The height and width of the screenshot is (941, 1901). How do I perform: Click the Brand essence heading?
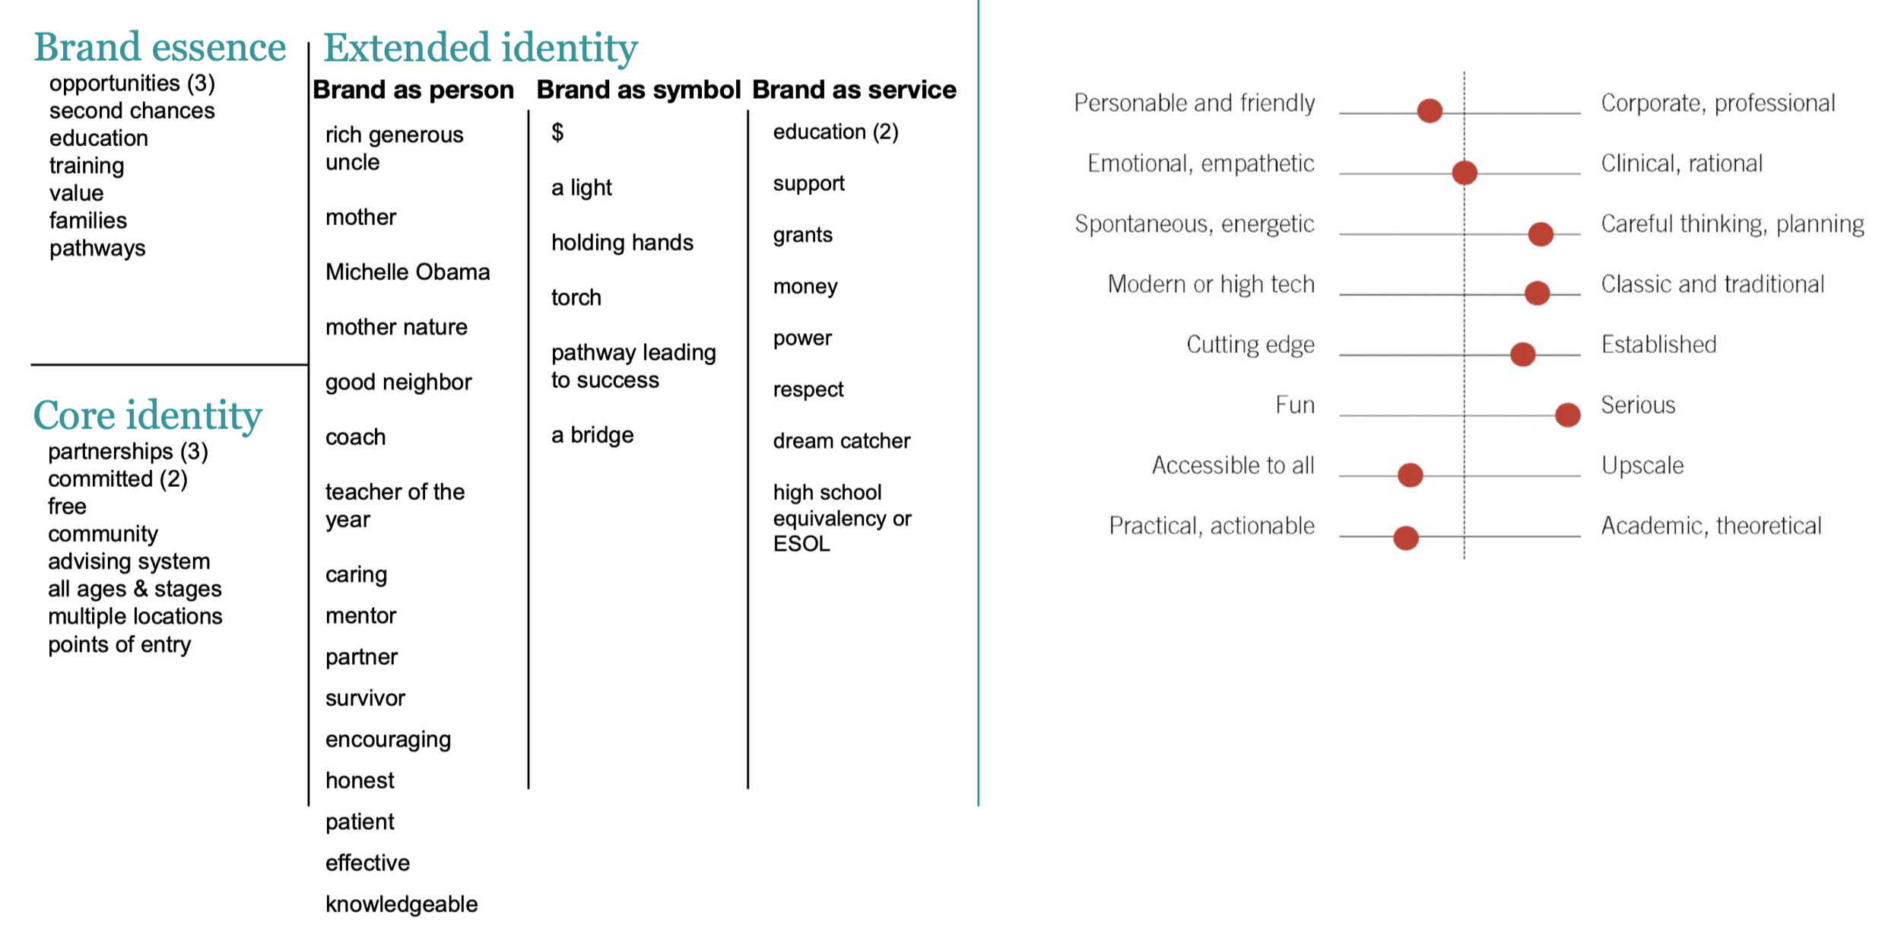tap(160, 47)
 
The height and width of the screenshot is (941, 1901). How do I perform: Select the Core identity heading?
tap(148, 415)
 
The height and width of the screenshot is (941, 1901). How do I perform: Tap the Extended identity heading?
tap(481, 47)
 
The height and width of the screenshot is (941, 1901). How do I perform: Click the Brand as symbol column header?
tap(638, 90)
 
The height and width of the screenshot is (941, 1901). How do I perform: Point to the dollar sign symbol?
tap(557, 132)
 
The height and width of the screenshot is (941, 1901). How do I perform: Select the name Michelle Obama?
tap(408, 272)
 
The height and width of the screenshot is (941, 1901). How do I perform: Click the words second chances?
tap(132, 111)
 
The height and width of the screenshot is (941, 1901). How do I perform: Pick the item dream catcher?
tap(841, 440)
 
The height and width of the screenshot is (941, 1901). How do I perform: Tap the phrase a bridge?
tap(592, 435)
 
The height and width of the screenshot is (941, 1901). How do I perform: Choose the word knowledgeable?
tap(401, 904)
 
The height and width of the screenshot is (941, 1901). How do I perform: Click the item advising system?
tap(129, 561)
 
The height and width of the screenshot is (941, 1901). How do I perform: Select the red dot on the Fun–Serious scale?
tap(1567, 415)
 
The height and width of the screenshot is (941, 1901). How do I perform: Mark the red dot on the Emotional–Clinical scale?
tap(1464, 173)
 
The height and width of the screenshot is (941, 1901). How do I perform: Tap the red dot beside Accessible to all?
tap(1410, 475)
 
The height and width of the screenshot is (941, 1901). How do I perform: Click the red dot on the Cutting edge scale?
tap(1522, 354)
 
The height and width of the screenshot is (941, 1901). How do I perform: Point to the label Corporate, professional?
tap(1718, 103)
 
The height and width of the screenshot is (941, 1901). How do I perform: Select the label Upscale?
tap(1642, 465)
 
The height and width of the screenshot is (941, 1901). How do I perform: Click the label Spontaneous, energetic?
tap(1194, 224)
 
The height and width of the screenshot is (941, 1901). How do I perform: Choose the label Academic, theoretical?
tap(1711, 526)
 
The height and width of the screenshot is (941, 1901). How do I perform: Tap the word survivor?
tap(365, 698)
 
